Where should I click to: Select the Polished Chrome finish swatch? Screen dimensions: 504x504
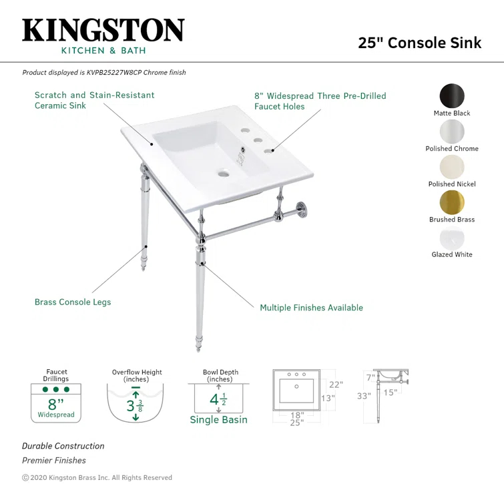[452, 131]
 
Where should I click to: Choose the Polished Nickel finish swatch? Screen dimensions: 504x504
[452, 166]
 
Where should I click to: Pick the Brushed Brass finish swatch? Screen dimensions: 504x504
[452, 202]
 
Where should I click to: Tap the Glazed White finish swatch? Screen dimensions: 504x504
[452, 237]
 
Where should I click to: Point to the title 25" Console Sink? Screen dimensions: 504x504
[419, 43]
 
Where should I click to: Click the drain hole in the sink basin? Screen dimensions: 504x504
[222, 174]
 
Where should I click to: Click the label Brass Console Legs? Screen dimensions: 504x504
[73, 302]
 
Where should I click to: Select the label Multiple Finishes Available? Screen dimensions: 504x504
[311, 308]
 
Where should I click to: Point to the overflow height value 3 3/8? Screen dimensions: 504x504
[135, 405]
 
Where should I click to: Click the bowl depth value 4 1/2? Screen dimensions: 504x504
[218, 400]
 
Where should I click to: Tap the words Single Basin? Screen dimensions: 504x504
[218, 420]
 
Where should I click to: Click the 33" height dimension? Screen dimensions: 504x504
[364, 396]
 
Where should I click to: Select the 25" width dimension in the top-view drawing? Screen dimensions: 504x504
[296, 423]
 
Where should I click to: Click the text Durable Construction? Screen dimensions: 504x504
[63, 446]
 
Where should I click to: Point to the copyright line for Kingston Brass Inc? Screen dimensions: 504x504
[97, 478]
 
